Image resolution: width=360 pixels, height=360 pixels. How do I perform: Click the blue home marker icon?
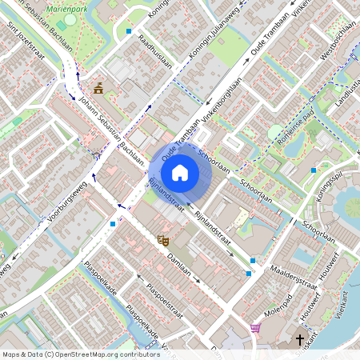(180, 171)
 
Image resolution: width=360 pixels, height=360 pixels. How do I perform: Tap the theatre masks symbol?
(164, 239)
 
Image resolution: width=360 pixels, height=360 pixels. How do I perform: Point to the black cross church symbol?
(301, 340)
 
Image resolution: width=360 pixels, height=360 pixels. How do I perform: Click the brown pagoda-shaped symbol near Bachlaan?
(98, 88)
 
